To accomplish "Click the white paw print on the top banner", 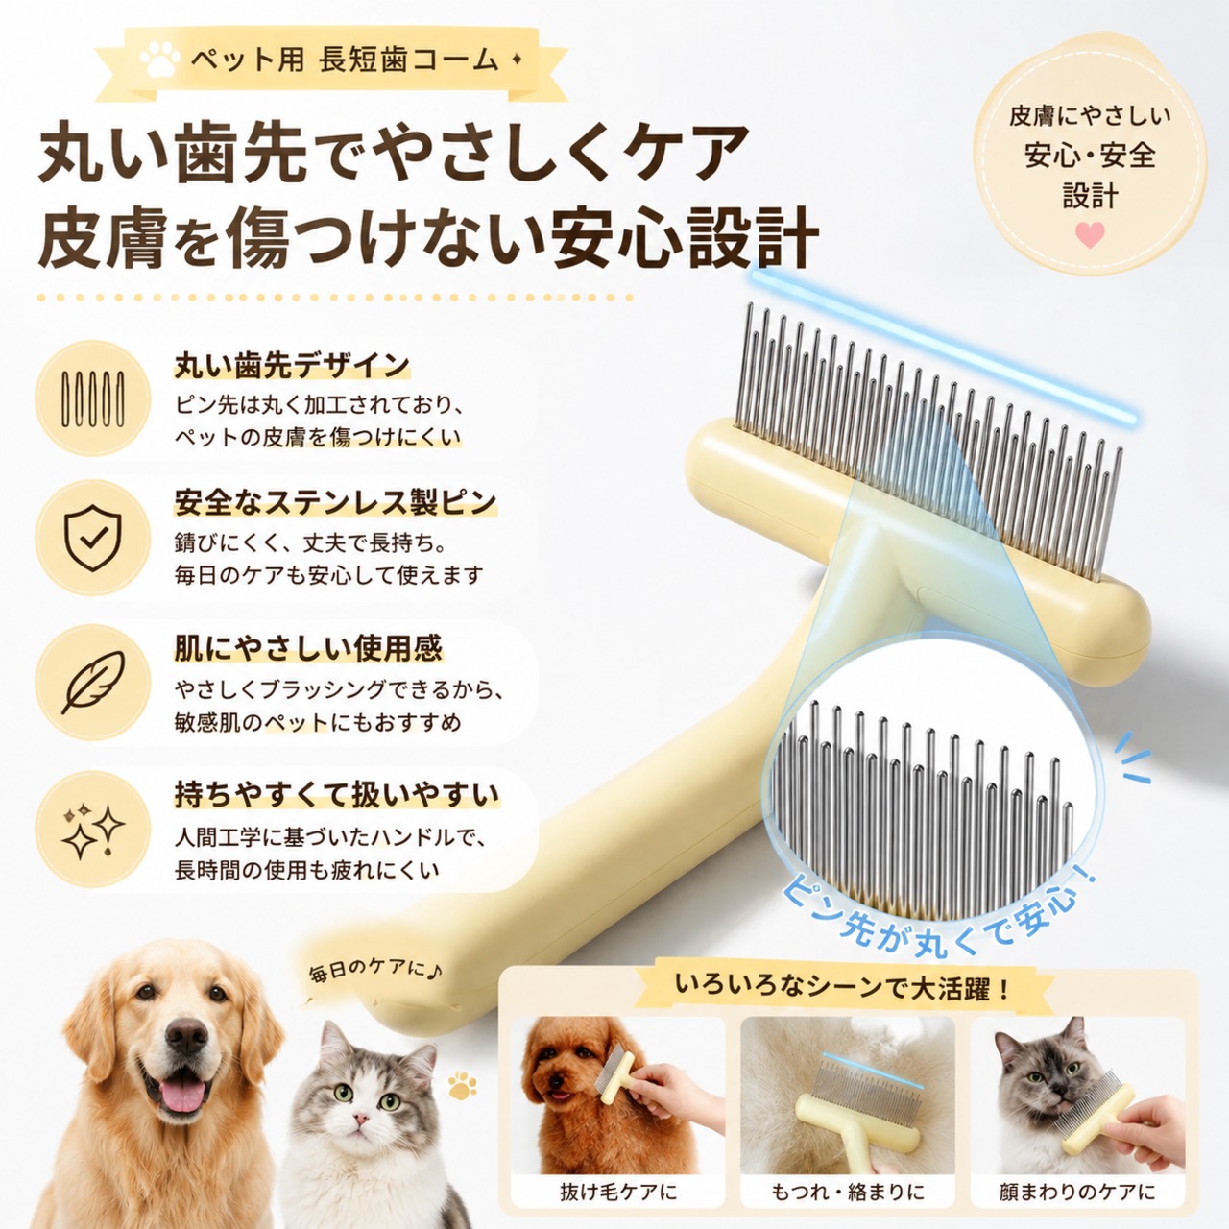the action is click(x=159, y=60).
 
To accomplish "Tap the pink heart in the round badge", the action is click(x=1090, y=234).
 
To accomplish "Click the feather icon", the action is click(x=93, y=682).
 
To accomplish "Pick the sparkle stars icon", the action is click(x=93, y=829).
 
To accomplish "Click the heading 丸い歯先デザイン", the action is click(x=292, y=366).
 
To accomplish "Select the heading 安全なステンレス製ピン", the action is click(x=335, y=502).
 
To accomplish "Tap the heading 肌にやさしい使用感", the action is click(x=308, y=649).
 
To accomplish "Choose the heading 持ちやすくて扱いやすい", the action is click(x=337, y=795).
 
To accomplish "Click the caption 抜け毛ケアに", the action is click(x=618, y=1192).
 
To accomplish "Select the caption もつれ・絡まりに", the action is click(x=848, y=1192).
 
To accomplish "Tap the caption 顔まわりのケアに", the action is click(x=1077, y=1192).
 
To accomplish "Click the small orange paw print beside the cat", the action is click(x=463, y=1087).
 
